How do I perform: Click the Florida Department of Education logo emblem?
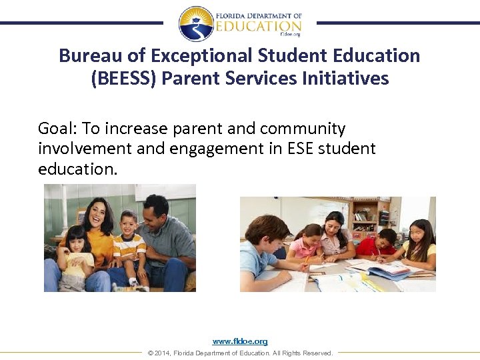click(x=196, y=23)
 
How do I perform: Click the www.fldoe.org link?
click(x=240, y=341)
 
